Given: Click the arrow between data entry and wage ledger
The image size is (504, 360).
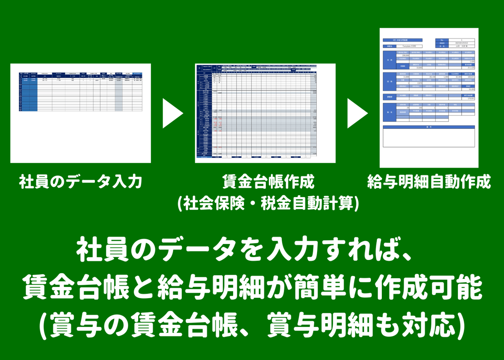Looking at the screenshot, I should pyautogui.click(x=172, y=113).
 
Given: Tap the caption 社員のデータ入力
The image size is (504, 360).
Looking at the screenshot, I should pyautogui.click(x=80, y=183).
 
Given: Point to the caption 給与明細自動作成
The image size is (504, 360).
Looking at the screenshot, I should pyautogui.click(x=428, y=183).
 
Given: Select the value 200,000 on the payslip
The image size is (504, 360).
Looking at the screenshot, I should pyautogui.click(x=405, y=55).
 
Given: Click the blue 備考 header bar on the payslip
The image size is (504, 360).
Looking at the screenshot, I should pyautogui.click(x=429, y=126).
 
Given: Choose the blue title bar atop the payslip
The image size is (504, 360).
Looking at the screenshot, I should pyautogui.click(x=403, y=40).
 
